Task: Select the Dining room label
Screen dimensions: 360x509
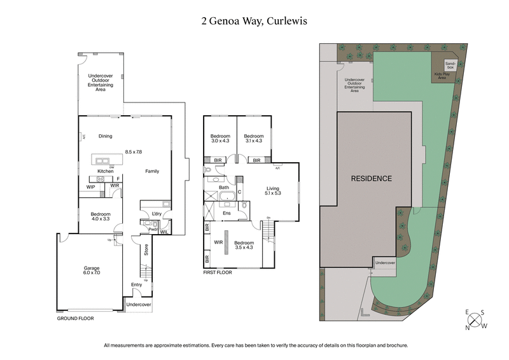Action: (105, 135)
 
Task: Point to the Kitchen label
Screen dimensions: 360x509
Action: (105, 172)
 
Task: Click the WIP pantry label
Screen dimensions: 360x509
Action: (91, 186)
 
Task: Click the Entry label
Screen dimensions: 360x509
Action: (137, 284)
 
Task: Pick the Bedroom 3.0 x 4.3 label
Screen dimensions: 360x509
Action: (221, 138)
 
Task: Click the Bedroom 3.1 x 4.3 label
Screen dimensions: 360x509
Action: (254, 138)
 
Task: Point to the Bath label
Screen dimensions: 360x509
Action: (224, 188)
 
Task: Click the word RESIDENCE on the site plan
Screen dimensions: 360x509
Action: (372, 179)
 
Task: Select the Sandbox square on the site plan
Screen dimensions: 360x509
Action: (450, 65)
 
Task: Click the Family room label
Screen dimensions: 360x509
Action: (152, 172)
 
